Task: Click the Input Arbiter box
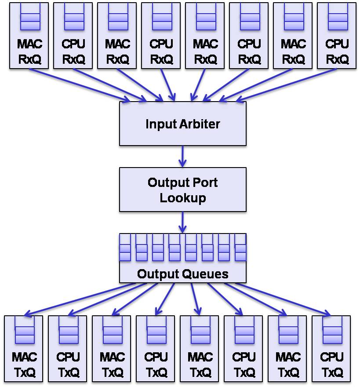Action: (182, 124)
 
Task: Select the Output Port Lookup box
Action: (182, 190)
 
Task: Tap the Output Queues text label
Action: (182, 274)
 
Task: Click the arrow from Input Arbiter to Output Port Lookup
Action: (182, 156)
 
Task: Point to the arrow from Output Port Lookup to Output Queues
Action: (182, 222)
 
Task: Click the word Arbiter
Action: (201, 124)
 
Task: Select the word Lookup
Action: (182, 197)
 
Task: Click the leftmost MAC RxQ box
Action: (29, 36)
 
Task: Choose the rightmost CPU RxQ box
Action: (337, 36)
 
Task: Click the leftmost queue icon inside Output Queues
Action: (125, 247)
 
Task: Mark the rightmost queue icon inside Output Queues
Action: (240, 247)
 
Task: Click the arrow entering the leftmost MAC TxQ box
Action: (79, 299)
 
